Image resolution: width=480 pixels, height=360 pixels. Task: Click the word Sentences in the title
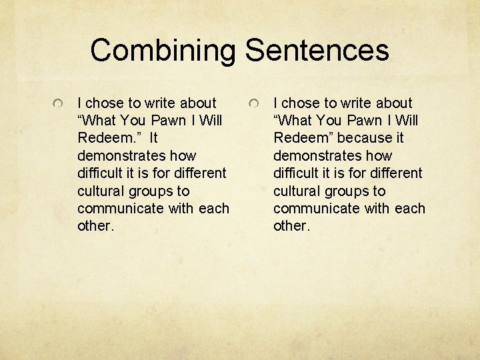point(317,51)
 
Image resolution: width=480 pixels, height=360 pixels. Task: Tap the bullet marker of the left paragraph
point(59,105)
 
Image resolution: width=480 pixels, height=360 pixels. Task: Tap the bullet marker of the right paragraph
point(255,105)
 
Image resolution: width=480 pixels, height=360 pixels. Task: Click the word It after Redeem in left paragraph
point(154,138)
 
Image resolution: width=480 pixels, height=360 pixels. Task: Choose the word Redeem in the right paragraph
point(300,138)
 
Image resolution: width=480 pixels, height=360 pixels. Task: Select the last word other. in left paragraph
point(96,225)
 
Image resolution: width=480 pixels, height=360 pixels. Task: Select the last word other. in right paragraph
point(292,225)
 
